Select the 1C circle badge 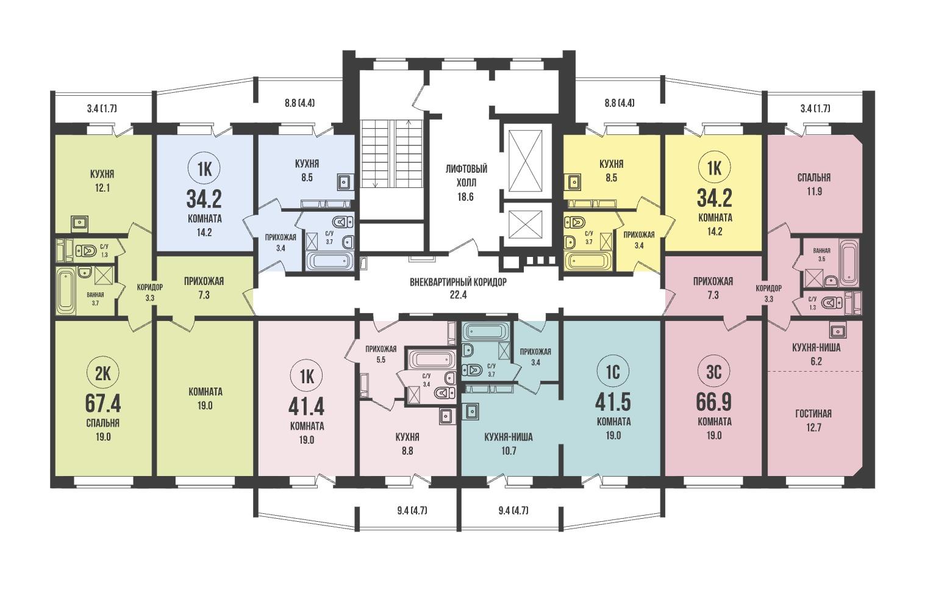coord(613,372)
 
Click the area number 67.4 coord(103,403)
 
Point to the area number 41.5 coord(613,402)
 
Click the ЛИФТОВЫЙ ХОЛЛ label coord(466,176)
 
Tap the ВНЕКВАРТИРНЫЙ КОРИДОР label coord(458,282)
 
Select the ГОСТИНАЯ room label coord(813,414)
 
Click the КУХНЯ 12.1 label coord(102,181)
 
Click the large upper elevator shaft coord(526,160)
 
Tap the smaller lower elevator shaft coord(526,225)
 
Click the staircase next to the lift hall coord(391,154)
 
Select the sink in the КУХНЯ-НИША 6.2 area coord(837,331)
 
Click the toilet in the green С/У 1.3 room coord(87,251)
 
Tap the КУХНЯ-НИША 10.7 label coord(509,444)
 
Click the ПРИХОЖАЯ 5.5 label coord(381,354)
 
